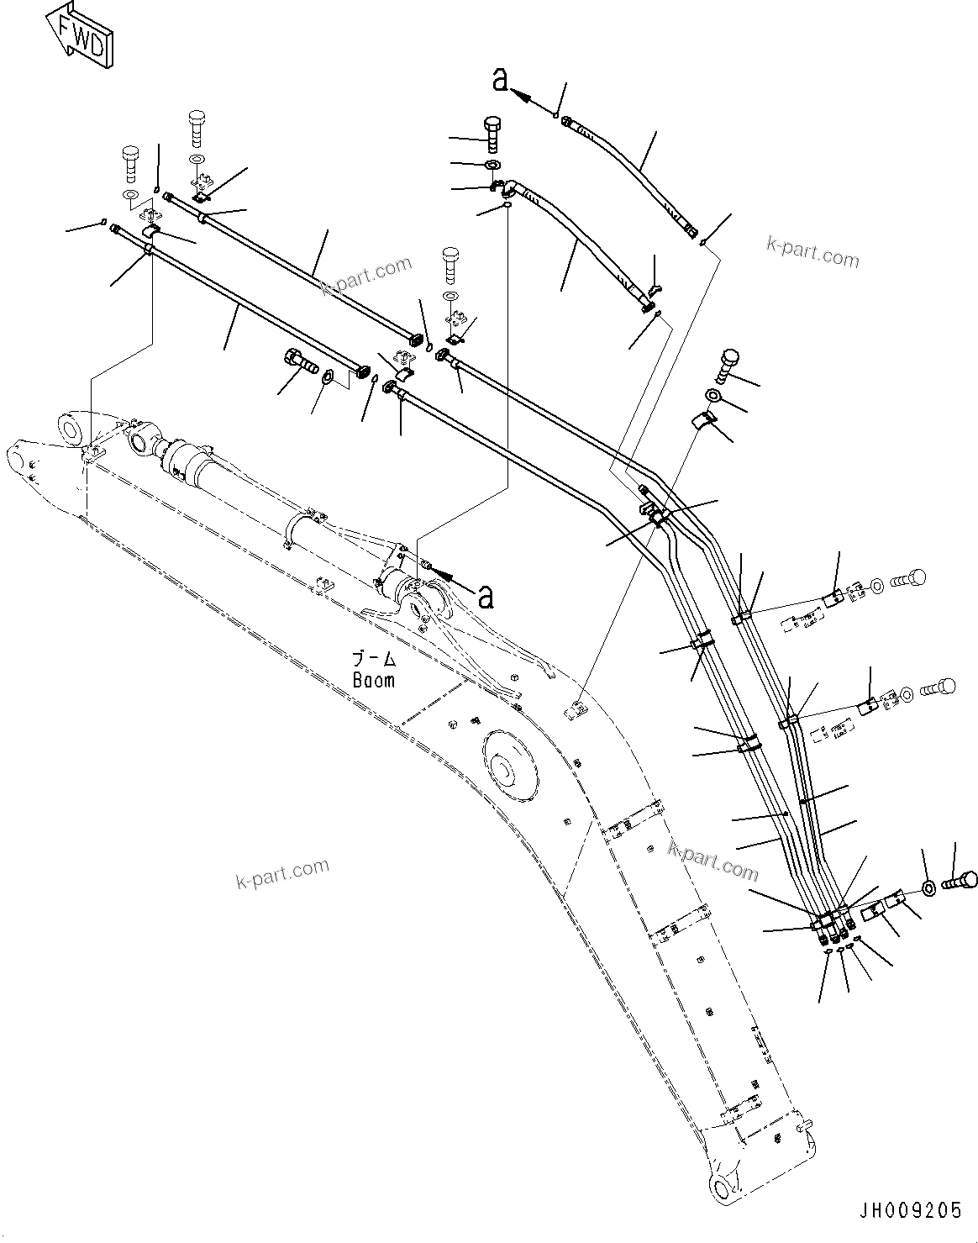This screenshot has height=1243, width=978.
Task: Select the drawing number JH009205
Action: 909,1210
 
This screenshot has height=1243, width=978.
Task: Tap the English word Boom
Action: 373,681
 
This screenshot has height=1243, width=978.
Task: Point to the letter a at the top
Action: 500,79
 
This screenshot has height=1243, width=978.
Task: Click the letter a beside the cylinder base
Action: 485,597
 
